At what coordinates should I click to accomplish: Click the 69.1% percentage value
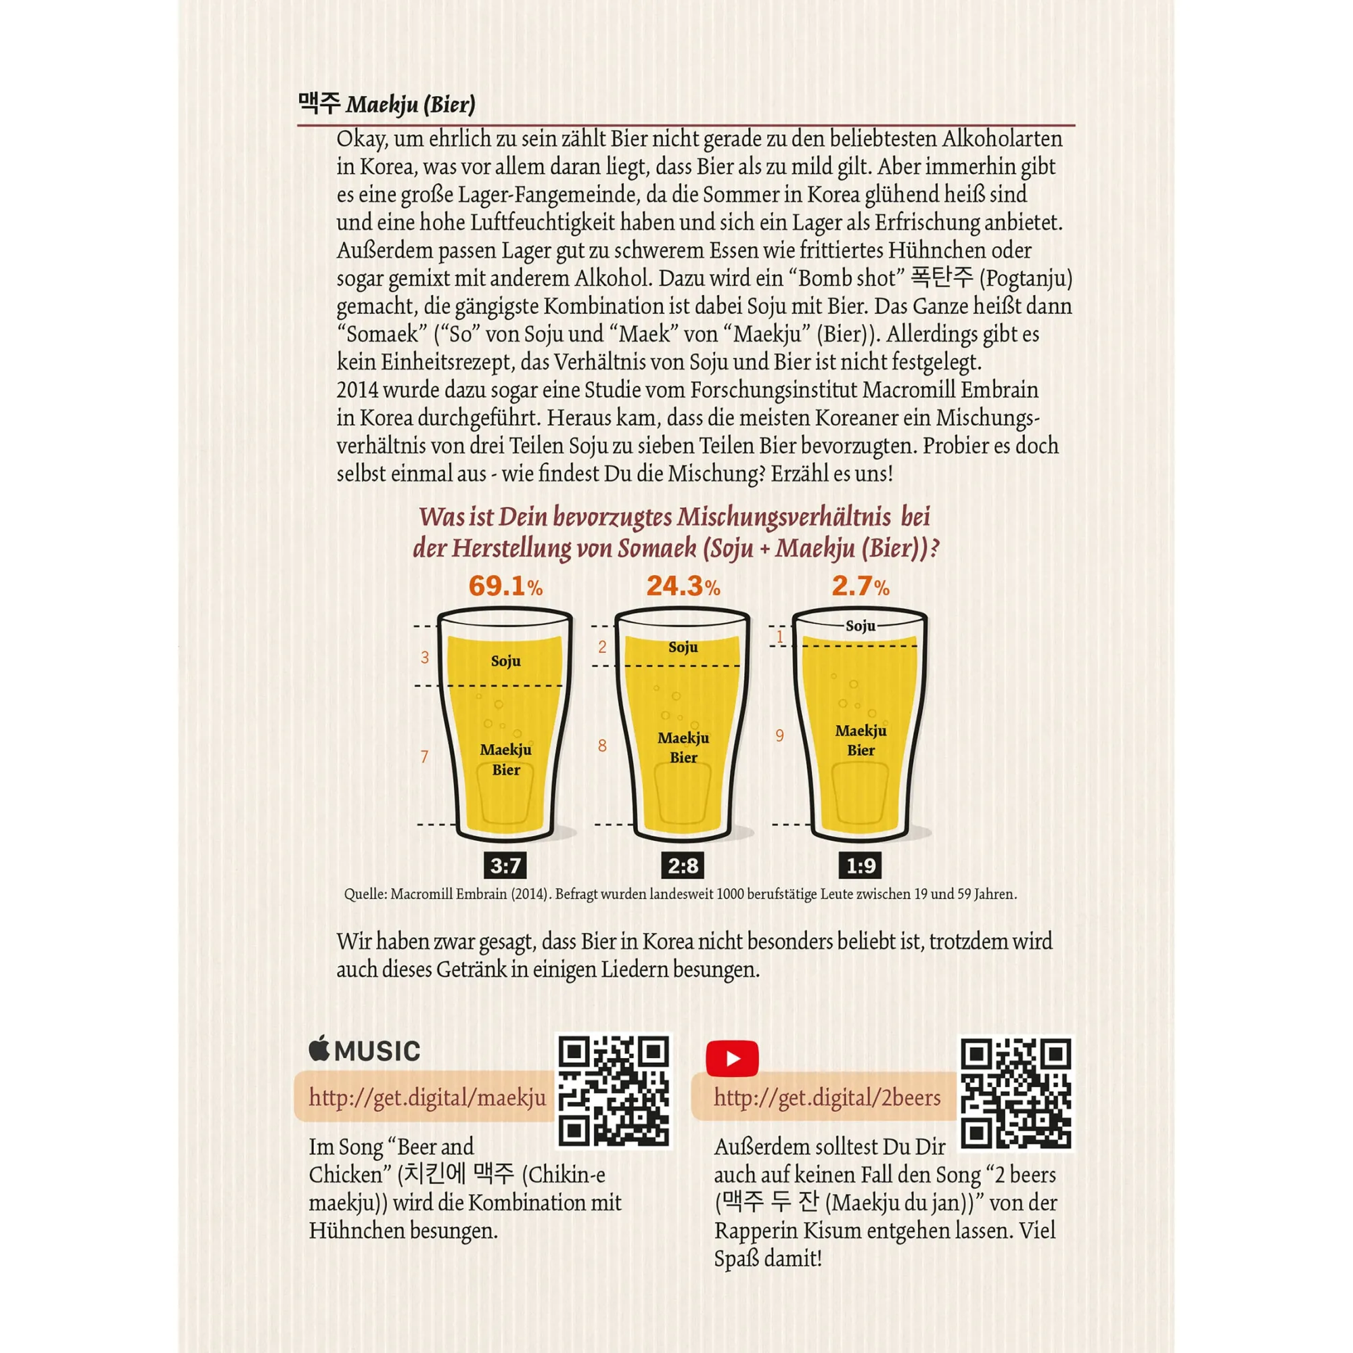coord(505,586)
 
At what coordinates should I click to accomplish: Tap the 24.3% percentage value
coord(683,586)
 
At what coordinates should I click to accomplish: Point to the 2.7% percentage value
coord(860,586)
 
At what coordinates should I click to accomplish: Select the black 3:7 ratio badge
coord(505,867)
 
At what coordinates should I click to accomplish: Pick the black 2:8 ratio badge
coord(683,867)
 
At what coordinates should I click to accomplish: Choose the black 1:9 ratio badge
coord(860,867)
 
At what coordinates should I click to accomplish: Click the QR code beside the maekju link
coord(614,1092)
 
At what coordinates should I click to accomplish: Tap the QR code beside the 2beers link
coord(1015,1093)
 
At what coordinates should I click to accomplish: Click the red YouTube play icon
coord(732,1058)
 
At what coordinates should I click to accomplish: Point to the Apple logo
coord(319,1049)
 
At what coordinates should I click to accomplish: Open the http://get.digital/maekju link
coord(427,1097)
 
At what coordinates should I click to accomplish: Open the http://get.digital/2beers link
coord(827,1097)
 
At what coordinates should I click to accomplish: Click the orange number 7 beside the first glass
coord(424,756)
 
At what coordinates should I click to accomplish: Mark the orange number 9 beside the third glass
coord(779,735)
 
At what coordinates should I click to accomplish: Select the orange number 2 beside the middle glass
coord(602,647)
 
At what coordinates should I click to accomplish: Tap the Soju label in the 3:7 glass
coord(505,660)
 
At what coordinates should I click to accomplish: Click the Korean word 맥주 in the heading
coord(319,104)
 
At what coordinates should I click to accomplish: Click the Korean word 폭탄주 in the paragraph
coord(942,278)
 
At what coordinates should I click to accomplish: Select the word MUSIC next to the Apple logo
coord(377,1051)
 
